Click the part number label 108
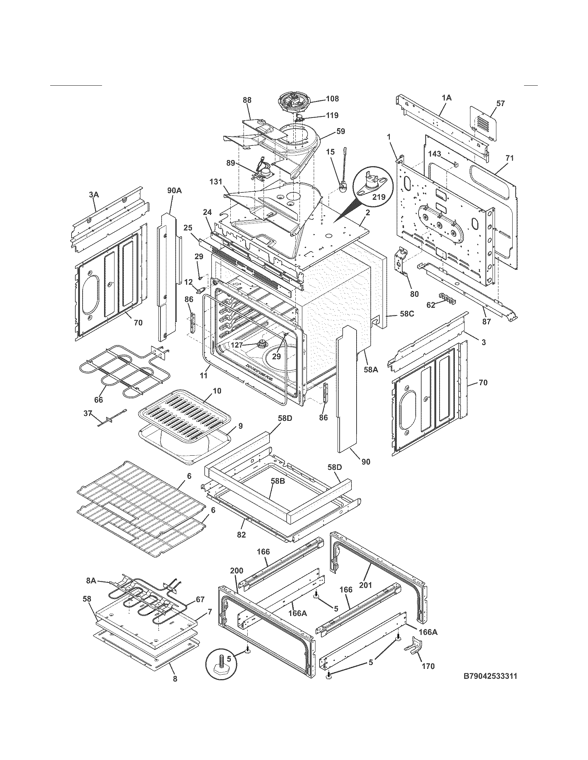click(332, 99)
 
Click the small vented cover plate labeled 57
click(483, 123)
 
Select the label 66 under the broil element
click(99, 400)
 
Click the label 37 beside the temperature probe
click(88, 413)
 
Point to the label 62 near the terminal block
click(431, 305)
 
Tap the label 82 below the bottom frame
click(241, 535)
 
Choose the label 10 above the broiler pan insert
click(217, 391)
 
